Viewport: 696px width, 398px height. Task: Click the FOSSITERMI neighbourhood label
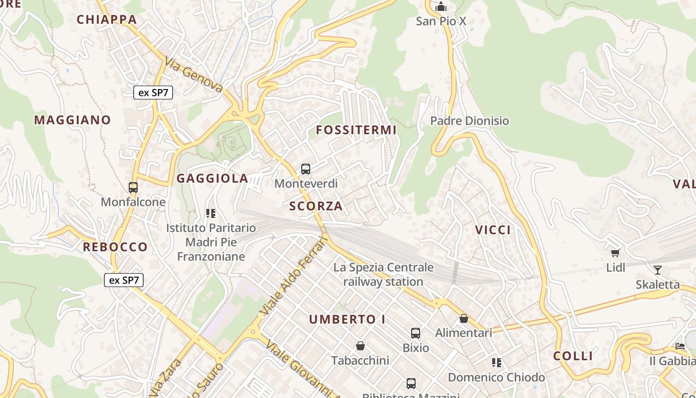(x=356, y=130)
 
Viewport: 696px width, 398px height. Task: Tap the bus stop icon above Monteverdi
(x=306, y=169)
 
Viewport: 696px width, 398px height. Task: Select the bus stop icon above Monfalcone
(x=133, y=188)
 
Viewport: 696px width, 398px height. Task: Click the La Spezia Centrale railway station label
(x=383, y=275)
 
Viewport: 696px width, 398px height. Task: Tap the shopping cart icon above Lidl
(x=615, y=253)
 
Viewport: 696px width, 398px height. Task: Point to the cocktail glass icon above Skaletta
(x=658, y=270)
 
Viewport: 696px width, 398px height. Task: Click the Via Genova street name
(x=194, y=76)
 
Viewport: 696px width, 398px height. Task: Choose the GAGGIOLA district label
(x=212, y=179)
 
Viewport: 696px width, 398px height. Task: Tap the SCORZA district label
(x=316, y=206)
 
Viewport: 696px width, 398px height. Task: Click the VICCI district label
(x=493, y=230)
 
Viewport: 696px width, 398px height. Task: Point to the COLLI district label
(x=573, y=356)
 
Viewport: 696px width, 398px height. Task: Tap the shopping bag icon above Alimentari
(x=464, y=318)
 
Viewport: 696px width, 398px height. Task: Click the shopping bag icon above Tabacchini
(x=360, y=346)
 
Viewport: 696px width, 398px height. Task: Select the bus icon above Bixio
(x=416, y=333)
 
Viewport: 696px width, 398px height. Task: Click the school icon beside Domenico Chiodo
(x=497, y=363)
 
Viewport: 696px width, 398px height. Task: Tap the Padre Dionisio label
(x=469, y=121)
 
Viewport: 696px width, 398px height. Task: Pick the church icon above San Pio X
(x=440, y=7)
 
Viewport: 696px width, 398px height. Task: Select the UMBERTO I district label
(x=348, y=319)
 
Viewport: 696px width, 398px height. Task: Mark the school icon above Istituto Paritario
(x=211, y=213)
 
